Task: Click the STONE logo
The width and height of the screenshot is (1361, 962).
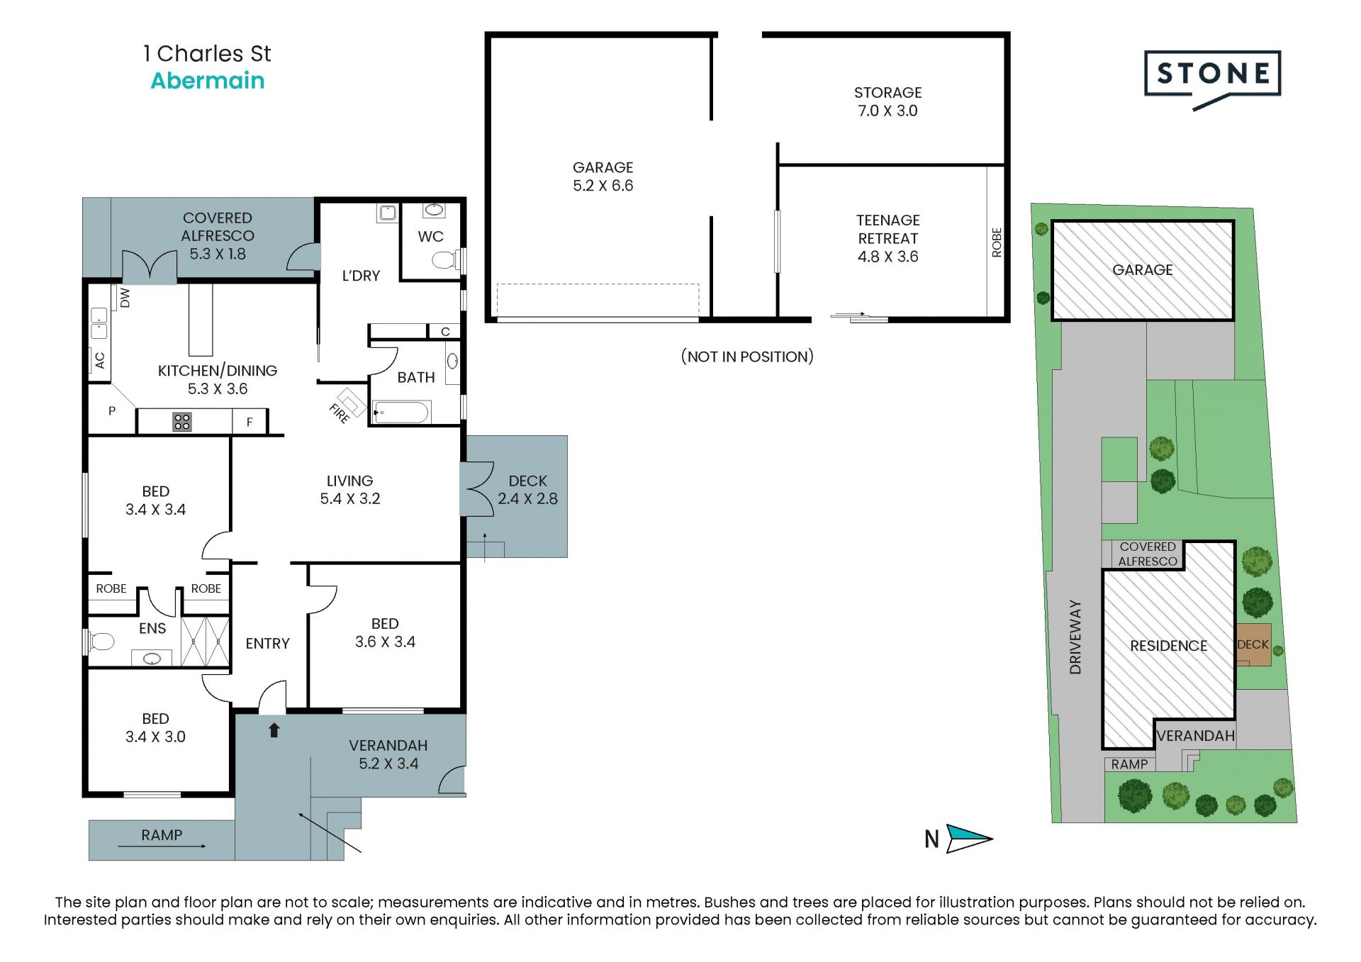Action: [1212, 74]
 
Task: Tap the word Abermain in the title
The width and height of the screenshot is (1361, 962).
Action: [208, 81]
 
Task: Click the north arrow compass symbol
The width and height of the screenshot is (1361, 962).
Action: [968, 839]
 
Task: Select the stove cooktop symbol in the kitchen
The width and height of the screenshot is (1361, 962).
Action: [182, 422]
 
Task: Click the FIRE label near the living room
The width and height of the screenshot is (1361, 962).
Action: [340, 413]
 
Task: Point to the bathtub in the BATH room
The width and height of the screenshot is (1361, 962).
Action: [401, 413]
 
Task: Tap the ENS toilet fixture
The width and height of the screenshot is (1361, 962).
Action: [102, 642]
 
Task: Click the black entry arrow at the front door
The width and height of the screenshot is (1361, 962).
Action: [274, 730]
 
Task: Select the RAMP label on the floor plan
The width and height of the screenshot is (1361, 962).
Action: [162, 835]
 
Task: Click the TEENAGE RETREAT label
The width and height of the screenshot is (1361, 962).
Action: [887, 238]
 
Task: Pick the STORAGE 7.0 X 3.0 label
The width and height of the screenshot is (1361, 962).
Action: [887, 101]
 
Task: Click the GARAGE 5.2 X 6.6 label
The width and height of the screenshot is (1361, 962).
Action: [603, 177]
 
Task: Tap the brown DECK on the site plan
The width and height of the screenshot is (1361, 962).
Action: [1253, 644]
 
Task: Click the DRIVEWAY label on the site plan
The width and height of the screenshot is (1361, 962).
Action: [1075, 637]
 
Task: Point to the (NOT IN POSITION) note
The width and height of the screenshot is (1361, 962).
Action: [747, 357]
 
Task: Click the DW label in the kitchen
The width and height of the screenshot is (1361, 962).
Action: [125, 298]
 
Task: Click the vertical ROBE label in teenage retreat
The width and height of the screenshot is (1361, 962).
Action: [997, 242]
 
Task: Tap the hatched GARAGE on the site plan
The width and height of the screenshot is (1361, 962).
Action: [1142, 270]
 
